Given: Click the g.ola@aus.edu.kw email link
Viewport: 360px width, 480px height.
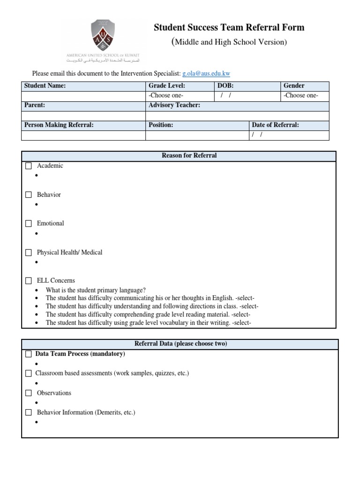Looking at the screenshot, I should (x=206, y=74).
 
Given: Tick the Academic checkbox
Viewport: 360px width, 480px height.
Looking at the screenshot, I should (x=29, y=166).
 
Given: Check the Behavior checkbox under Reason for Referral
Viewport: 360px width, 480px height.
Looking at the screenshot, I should (x=29, y=195).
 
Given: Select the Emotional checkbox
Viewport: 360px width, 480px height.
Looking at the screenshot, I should (x=29, y=224).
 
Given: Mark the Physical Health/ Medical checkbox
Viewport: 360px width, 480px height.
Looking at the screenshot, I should (x=29, y=253).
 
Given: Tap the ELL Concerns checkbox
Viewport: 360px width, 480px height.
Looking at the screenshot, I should (x=29, y=281).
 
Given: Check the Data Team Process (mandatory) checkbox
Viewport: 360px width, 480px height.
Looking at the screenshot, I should (x=29, y=354).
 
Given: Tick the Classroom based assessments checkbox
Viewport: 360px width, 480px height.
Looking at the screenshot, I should (x=29, y=374).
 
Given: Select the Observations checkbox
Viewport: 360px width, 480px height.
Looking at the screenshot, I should (x=29, y=393).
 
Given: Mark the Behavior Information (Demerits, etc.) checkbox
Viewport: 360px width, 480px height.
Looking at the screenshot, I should (x=29, y=412).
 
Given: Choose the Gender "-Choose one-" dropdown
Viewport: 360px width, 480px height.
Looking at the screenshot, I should (x=300, y=96).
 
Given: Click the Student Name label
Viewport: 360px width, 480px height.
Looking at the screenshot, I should (x=45, y=86).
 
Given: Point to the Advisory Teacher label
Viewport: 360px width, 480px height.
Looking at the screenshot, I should (x=174, y=105).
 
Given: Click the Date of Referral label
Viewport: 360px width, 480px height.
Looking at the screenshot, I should (x=275, y=125).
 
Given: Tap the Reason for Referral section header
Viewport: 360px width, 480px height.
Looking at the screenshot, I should (x=189, y=156).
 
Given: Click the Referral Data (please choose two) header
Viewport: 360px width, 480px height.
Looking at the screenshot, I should (x=180, y=344).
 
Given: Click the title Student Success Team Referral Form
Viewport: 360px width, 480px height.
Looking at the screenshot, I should (x=229, y=28).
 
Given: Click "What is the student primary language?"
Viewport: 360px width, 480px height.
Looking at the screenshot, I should (x=96, y=290).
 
